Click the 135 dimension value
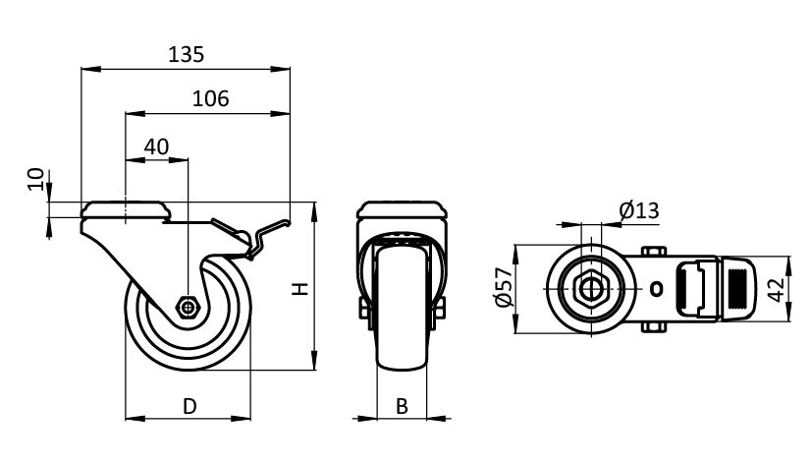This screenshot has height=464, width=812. coord(187,55)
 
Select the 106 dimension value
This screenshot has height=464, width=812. coord(210,98)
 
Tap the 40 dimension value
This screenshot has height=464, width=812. coord(157,147)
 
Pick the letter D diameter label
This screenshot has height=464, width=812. coord(189,404)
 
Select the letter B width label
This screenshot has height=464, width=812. coord(402,404)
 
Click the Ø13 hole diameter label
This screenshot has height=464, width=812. coord(639,209)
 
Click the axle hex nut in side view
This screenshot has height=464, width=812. coord(188,307)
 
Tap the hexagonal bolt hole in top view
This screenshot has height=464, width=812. coord(589,288)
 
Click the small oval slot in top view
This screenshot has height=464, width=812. coord(658,289)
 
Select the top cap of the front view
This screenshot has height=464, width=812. coord(402,211)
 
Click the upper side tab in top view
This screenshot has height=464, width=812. coord(654,253)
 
